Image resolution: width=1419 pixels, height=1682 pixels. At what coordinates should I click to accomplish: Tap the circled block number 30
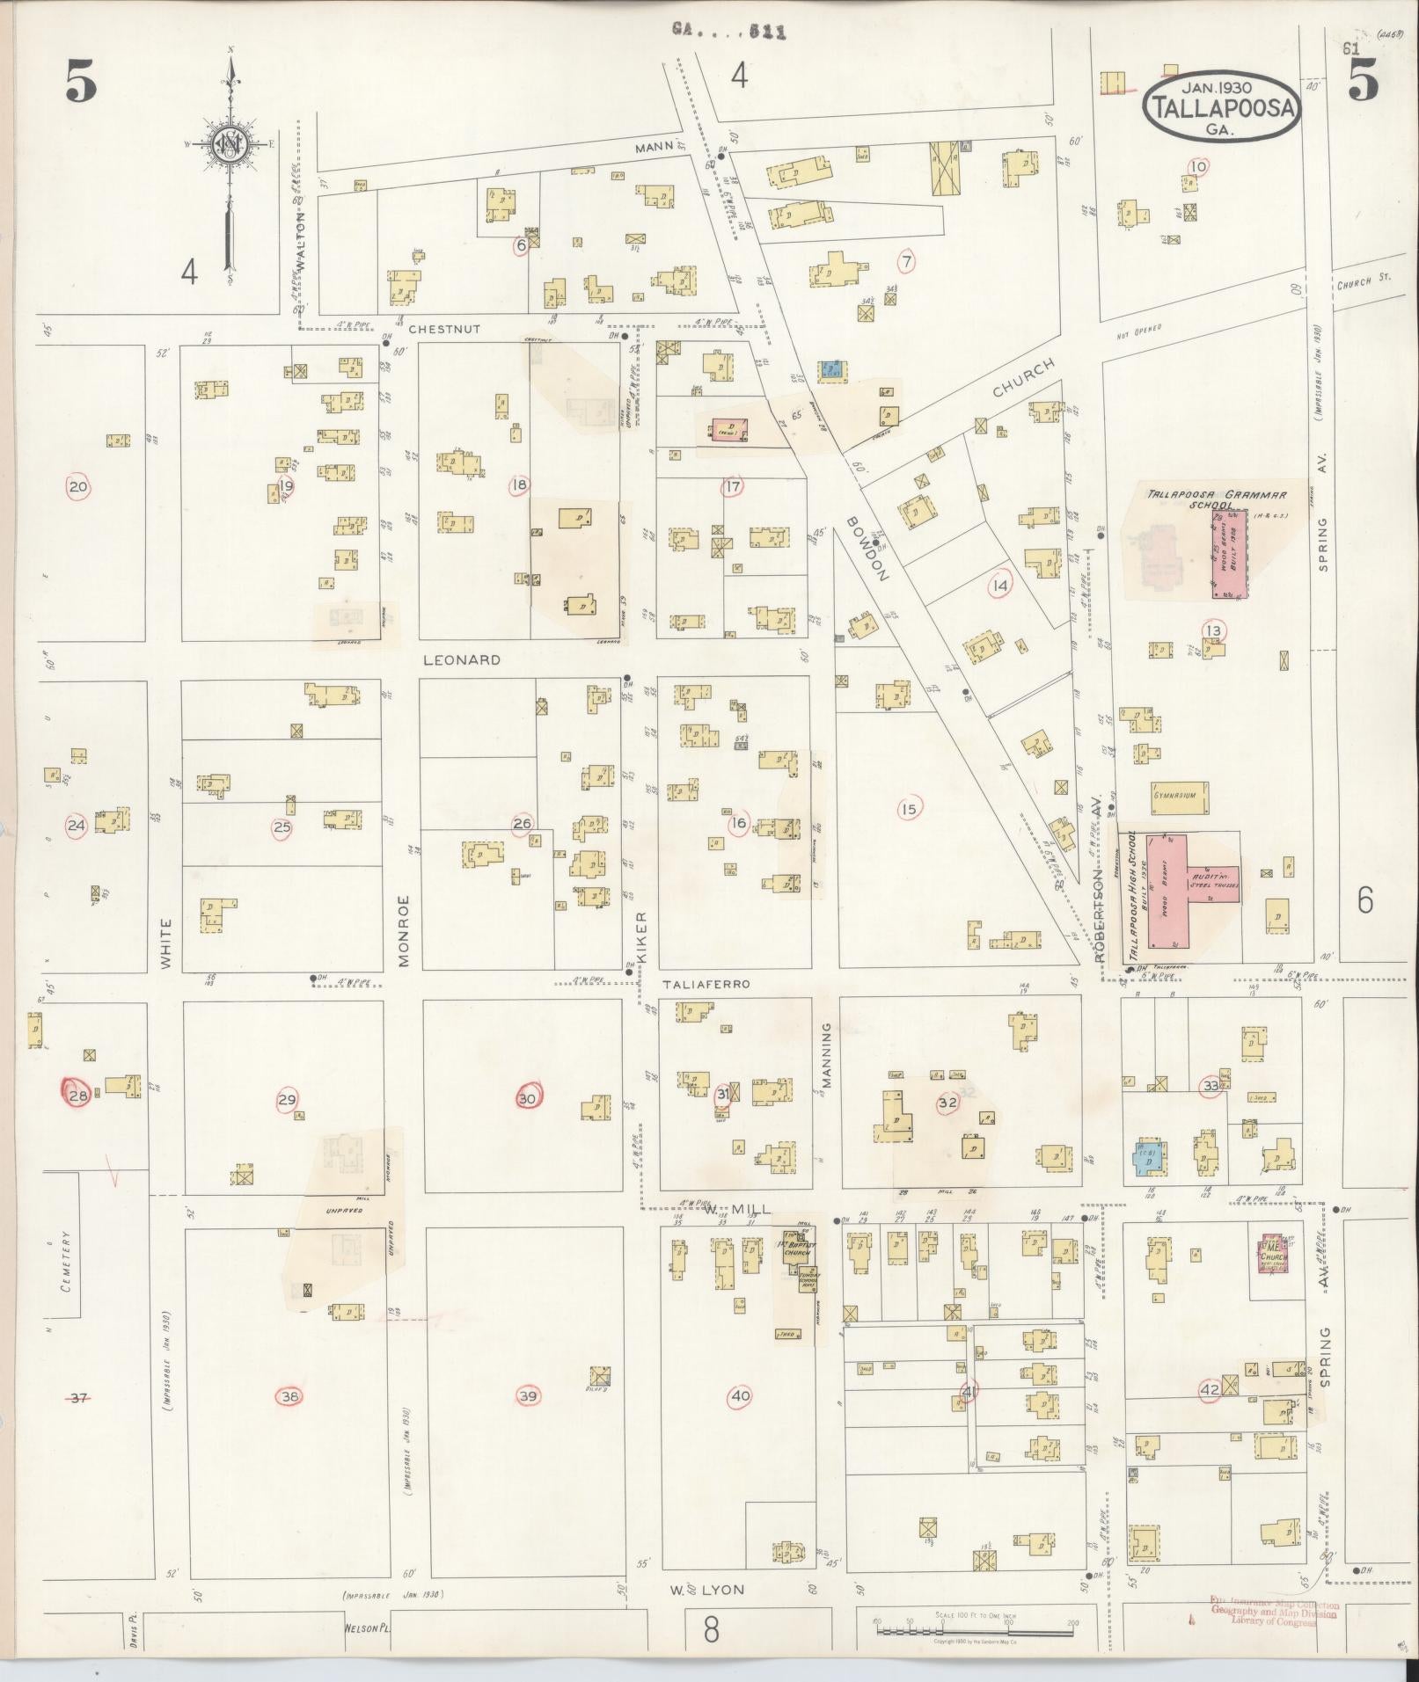pyautogui.click(x=527, y=1099)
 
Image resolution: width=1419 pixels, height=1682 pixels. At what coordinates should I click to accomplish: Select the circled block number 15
pyautogui.click(x=909, y=809)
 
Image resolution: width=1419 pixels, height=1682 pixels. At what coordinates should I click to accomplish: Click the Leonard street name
pyautogui.click(x=462, y=659)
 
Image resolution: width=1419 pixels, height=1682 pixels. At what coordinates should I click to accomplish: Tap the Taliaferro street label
pyautogui.click(x=706, y=984)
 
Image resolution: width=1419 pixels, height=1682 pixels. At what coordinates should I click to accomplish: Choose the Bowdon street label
pyautogui.click(x=868, y=548)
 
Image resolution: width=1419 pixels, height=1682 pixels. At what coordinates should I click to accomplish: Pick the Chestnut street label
pyautogui.click(x=444, y=329)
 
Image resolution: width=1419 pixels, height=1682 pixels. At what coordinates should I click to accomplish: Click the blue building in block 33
pyautogui.click(x=1146, y=1160)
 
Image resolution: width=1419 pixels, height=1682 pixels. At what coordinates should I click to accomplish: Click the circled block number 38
pyautogui.click(x=289, y=1395)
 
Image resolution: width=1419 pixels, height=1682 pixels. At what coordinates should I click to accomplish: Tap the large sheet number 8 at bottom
pyautogui.click(x=711, y=1629)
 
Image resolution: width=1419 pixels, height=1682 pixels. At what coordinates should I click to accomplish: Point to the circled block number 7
pyautogui.click(x=906, y=260)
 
